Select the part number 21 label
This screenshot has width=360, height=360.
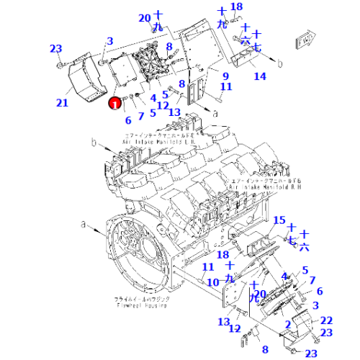[63, 103]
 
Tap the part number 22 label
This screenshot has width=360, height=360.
[326, 320]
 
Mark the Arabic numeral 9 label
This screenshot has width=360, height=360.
[225, 76]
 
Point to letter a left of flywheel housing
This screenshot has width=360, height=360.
[84, 225]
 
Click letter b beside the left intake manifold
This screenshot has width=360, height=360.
[94, 144]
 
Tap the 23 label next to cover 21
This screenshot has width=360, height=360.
[56, 49]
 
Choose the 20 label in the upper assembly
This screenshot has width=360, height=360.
[145, 18]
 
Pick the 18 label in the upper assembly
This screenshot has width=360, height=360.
[236, 6]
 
